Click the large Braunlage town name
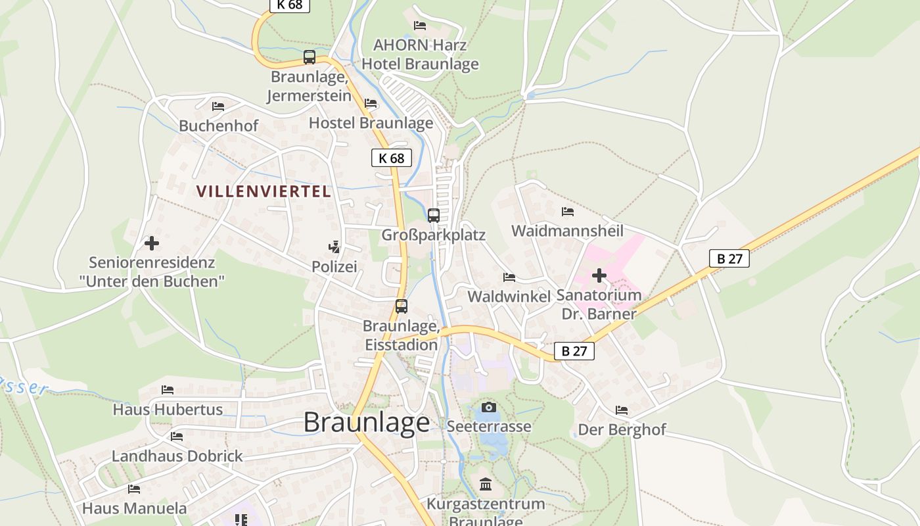367,422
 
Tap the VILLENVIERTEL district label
264,191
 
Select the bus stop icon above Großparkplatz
434,215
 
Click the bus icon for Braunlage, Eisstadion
401,306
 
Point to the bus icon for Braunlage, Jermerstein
310,57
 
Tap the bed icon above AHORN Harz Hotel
420,26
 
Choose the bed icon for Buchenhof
218,106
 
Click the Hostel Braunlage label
371,123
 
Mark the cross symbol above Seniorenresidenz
152,243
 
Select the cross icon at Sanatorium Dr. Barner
599,275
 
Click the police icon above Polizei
334,247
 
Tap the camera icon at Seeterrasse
489,408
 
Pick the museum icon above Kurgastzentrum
486,485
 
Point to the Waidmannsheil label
567,231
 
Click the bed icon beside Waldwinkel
509,277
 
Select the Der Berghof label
622,430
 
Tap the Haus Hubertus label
168,410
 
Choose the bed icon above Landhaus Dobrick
177,436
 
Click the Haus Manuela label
134,508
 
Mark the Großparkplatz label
434,235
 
